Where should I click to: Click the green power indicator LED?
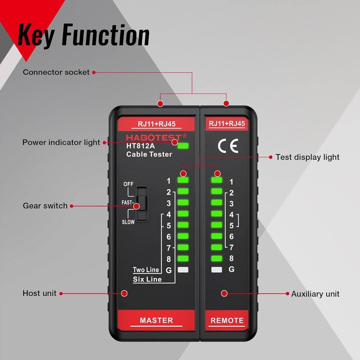tap(183, 146)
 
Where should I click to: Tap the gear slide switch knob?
tap(142, 204)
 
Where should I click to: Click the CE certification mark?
tap(228, 146)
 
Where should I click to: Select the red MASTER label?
tap(156, 320)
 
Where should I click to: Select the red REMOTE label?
tap(227, 320)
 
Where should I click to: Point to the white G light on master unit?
tap(183, 270)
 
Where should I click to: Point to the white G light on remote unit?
tap(216, 270)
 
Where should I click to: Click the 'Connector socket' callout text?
tap(56, 72)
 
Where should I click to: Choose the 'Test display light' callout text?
tap(307, 157)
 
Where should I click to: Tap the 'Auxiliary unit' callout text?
tap(315, 294)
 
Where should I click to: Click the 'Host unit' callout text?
tap(40, 293)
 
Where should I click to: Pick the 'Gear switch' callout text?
tap(45, 206)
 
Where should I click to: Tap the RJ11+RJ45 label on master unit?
tap(156, 124)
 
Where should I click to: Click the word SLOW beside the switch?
tap(128, 222)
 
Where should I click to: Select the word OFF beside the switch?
tap(129, 184)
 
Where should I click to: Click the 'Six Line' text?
tap(147, 279)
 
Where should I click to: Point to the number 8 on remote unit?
tap(231, 258)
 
